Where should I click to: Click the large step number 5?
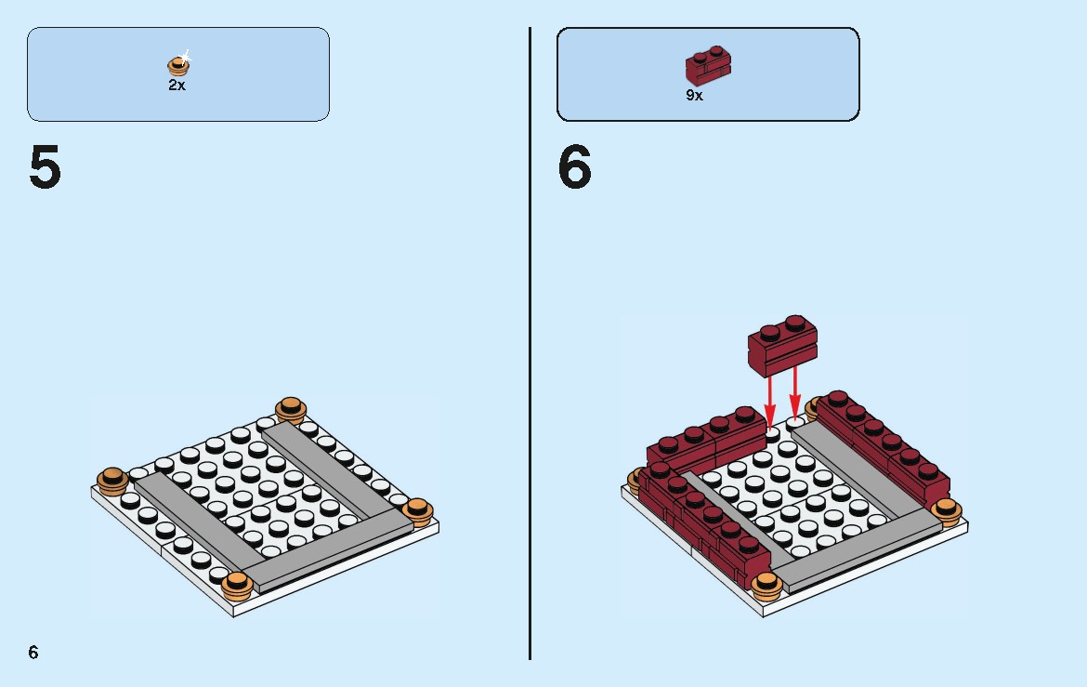tap(45, 168)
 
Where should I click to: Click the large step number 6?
tap(574, 168)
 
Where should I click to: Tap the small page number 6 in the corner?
tap(33, 653)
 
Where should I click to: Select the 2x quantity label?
tap(177, 85)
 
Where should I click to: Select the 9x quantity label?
tap(694, 96)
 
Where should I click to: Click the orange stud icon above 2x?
tap(177, 65)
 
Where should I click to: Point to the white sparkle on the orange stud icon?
tap(185, 57)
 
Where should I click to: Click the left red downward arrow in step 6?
tap(769, 398)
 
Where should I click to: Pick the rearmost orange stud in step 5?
tap(291, 408)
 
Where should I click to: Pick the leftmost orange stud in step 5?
tap(112, 480)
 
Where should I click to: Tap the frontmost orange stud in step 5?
tap(238, 585)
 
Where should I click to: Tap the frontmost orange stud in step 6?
tap(766, 585)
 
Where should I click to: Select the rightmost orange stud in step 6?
tap(946, 510)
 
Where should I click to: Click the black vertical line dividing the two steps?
tap(530, 344)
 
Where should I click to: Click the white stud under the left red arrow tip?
tap(770, 432)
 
